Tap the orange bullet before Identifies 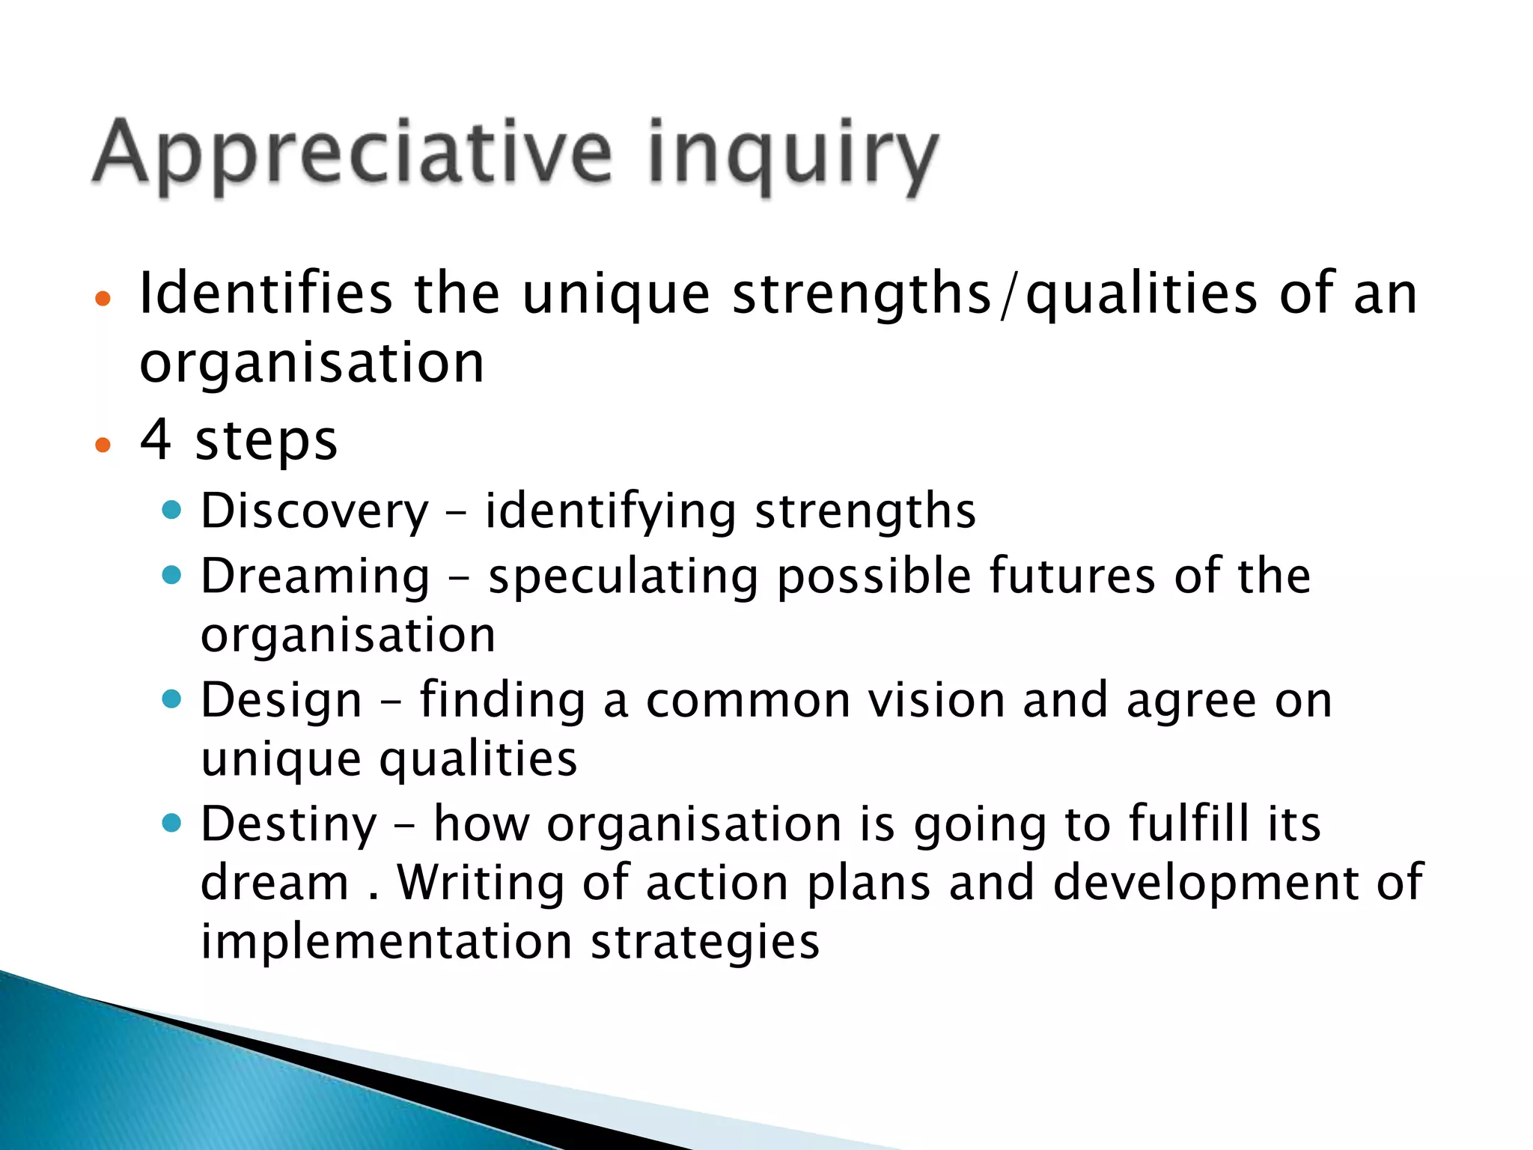tap(103, 299)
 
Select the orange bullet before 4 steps tap(103, 445)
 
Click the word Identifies tap(266, 293)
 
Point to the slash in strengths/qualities tap(1008, 295)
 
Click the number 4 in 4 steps tap(156, 439)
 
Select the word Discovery tap(314, 511)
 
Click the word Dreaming tap(315, 577)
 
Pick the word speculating tap(624, 577)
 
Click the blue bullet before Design tap(172, 699)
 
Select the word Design tap(281, 702)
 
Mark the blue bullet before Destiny tap(172, 824)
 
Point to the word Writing tap(480, 883)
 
